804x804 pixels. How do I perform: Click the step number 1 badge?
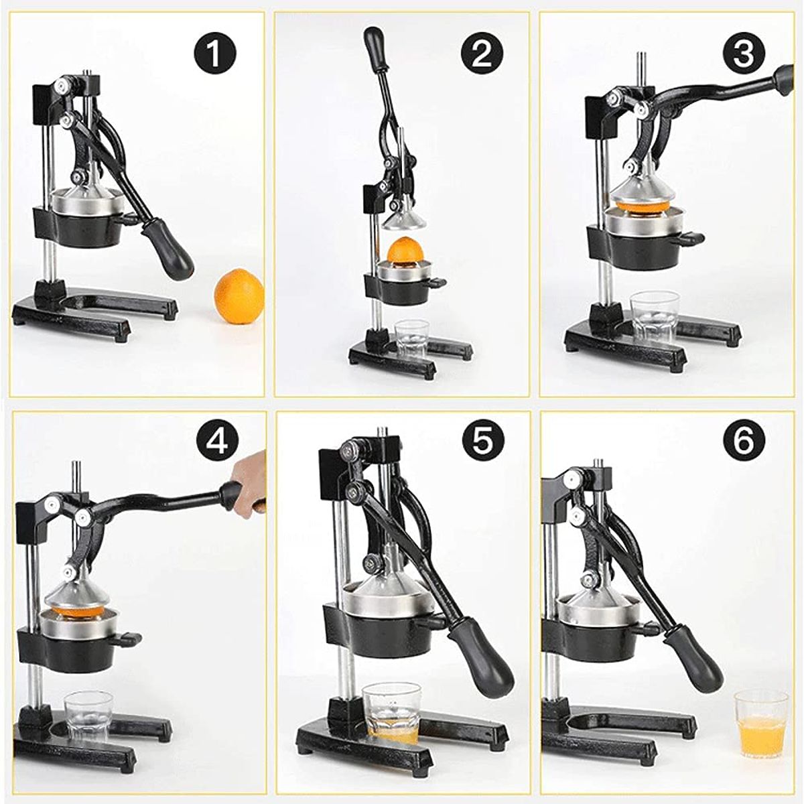tap(215, 53)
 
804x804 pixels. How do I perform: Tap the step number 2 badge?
tap(482, 53)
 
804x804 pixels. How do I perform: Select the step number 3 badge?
tap(744, 53)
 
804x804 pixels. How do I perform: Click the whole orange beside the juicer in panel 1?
tap(239, 295)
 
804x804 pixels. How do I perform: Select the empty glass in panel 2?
tap(412, 340)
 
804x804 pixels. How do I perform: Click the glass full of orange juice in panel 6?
tap(760, 723)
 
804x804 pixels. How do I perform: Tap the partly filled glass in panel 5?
tap(391, 695)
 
